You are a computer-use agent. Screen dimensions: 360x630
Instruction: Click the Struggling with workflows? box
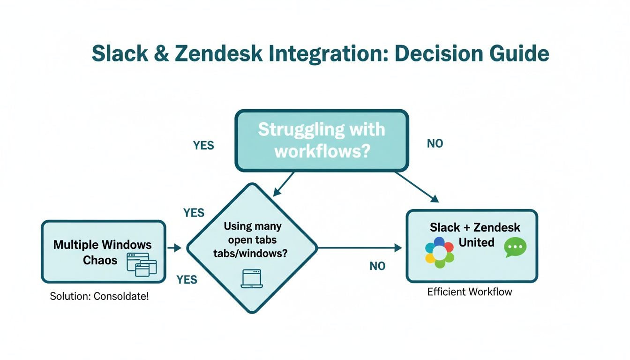322,141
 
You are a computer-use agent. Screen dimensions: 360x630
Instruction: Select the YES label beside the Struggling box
203,145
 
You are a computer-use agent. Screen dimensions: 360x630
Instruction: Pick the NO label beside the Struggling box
435,144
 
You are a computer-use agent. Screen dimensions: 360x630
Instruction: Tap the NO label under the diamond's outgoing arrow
377,266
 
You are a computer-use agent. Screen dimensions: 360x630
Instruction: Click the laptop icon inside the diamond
252,278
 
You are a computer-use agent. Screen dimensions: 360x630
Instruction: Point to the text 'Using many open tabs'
253,233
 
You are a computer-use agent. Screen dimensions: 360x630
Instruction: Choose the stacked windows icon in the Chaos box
142,263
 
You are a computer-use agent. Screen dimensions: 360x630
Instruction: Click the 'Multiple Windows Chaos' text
102,252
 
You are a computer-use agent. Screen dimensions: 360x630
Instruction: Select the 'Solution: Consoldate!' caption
99,297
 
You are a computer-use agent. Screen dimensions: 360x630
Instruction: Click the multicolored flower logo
439,253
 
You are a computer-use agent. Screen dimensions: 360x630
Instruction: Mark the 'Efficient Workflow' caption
470,292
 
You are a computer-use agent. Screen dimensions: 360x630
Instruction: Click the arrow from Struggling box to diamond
284,184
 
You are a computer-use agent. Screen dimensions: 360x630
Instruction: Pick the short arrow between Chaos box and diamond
174,247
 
